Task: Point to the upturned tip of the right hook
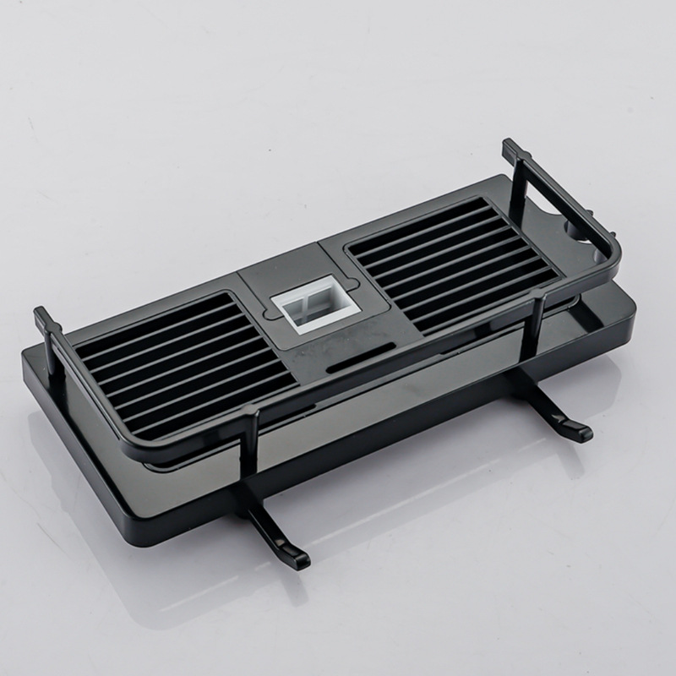click(583, 432)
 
